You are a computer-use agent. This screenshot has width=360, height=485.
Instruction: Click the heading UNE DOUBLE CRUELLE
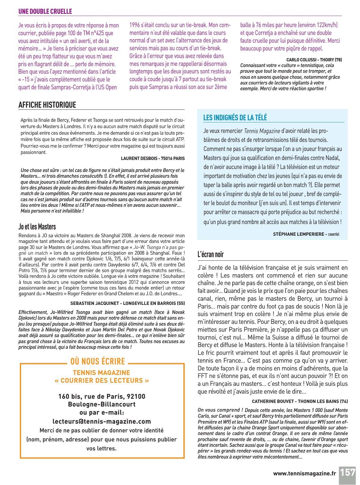45,11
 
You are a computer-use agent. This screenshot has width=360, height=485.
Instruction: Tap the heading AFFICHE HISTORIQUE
47,105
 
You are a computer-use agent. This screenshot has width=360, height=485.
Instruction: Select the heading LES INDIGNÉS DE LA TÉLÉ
235,118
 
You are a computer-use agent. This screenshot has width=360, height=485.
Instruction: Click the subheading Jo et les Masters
37,226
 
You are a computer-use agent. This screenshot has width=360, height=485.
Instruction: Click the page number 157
348,473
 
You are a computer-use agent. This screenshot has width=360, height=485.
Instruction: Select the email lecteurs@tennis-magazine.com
102,422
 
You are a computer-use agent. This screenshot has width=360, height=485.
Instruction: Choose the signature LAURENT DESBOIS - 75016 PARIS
153,158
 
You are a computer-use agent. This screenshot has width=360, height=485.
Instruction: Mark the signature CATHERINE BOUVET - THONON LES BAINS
300,401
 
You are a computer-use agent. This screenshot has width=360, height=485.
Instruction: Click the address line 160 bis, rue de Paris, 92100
102,396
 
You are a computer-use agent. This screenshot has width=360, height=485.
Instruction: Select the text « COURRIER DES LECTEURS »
102,380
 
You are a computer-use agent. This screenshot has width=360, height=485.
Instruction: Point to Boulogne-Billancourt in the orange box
102,404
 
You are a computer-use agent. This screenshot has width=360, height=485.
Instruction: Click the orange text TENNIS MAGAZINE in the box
102,373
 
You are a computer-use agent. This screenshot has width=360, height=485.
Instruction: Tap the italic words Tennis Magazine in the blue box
261,131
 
